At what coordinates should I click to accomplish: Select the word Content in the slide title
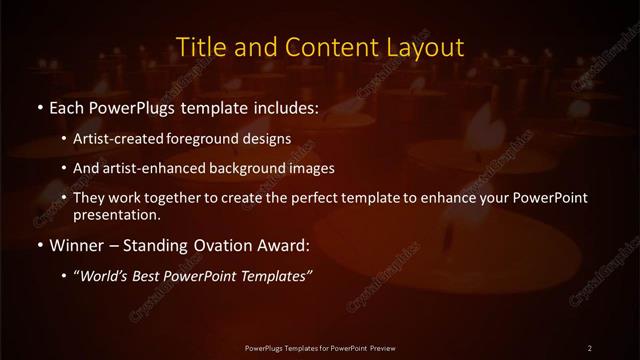point(325,47)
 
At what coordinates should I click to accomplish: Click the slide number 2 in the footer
point(589,347)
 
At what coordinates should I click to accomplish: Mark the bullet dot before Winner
point(38,244)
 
